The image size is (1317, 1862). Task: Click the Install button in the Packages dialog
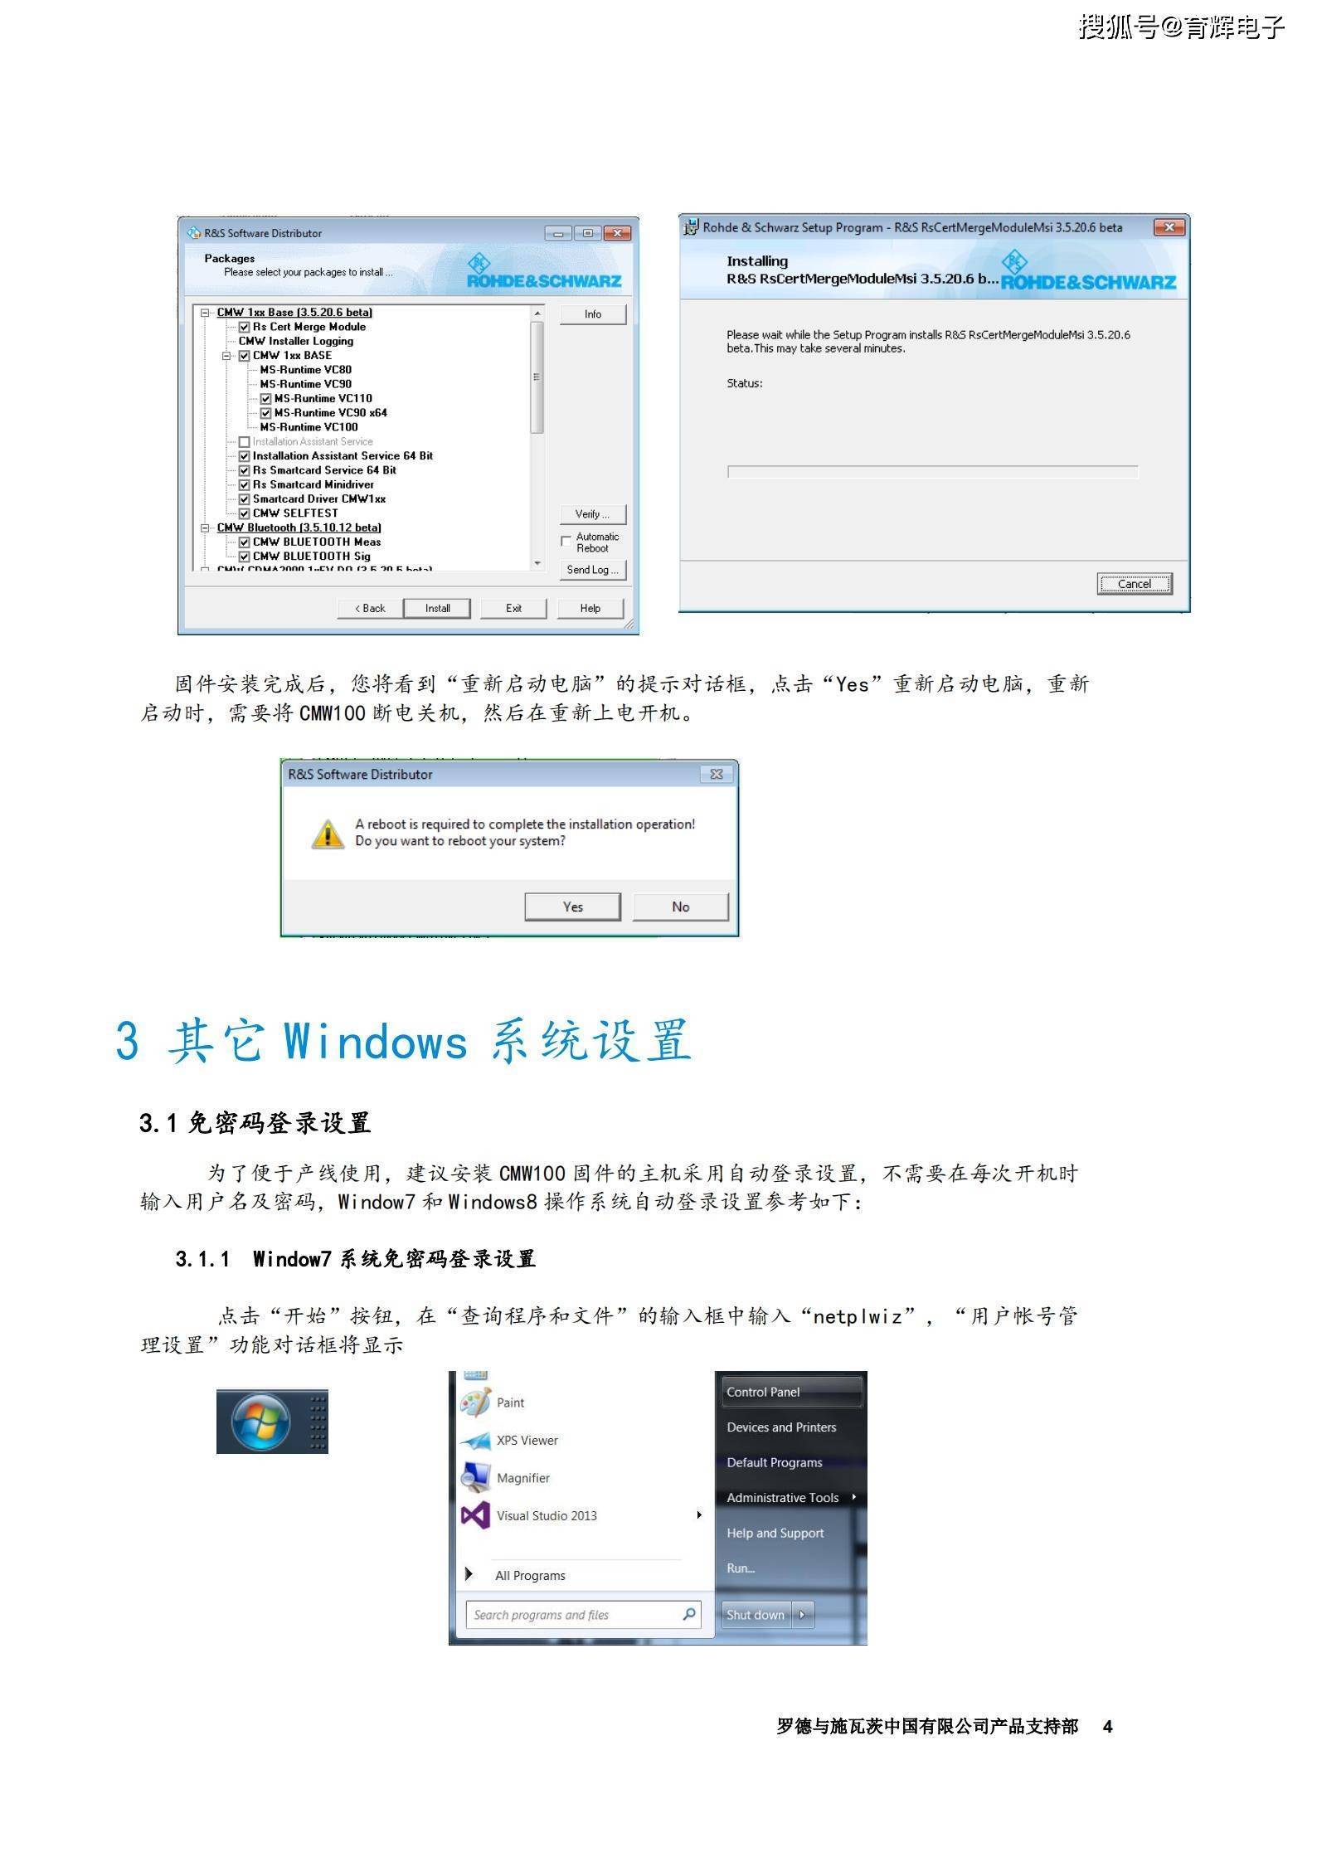tap(437, 608)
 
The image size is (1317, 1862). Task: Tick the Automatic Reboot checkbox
tap(566, 542)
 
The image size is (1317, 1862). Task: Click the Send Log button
tap(592, 570)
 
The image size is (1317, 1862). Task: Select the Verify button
tap(592, 514)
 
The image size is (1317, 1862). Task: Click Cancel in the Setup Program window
tap(1134, 584)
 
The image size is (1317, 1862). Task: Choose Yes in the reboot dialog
tap(572, 907)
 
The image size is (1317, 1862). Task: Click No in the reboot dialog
tap(680, 907)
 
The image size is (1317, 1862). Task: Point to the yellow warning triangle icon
tap(328, 834)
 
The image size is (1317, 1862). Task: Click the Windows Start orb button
tap(261, 1422)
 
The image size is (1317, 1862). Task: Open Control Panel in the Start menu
tap(763, 1392)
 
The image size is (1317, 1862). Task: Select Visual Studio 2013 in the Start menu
tap(547, 1515)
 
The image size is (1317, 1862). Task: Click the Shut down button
tap(756, 1614)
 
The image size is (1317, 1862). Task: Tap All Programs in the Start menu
tap(530, 1575)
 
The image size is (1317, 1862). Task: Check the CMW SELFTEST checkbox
tap(245, 513)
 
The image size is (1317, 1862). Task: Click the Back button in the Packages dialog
tap(370, 608)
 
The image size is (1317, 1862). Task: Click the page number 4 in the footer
tap(1107, 1726)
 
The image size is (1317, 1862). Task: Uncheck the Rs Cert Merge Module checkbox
tap(245, 327)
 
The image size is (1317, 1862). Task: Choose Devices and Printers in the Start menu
tap(781, 1427)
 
